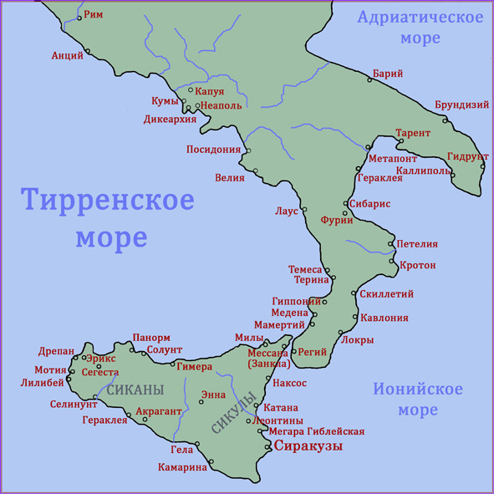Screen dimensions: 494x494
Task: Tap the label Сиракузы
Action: point(309,446)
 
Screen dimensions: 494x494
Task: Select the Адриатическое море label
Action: point(420,28)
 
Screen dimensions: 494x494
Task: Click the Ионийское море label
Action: point(417,400)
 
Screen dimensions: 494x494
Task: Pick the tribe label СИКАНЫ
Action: point(135,390)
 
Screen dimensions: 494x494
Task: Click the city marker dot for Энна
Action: point(201,403)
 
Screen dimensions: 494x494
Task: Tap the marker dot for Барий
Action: point(369,81)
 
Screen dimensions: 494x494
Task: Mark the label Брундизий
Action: point(461,105)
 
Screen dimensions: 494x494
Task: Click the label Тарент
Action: point(413,133)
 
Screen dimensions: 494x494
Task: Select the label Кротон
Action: point(417,266)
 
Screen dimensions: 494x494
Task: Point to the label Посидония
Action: point(213,150)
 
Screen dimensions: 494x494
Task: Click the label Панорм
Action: point(150,338)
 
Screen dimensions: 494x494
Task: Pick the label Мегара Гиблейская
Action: point(316,431)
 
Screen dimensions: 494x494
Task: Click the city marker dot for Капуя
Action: point(191,90)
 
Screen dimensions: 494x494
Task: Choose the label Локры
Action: point(357,340)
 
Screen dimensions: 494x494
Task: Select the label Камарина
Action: point(182,467)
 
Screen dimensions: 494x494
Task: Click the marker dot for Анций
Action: point(87,53)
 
